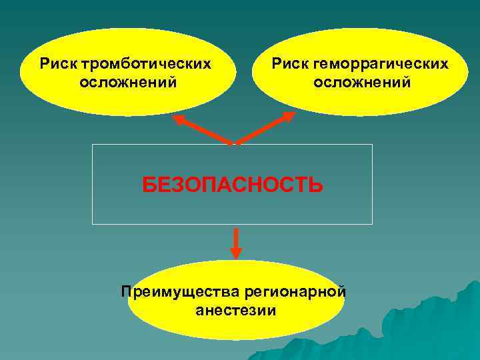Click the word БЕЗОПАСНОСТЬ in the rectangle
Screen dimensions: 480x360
pyautogui.click(x=233, y=184)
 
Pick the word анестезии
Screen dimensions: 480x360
pyautogui.click(x=236, y=310)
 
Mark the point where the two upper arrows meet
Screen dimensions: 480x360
pyautogui.click(x=234, y=143)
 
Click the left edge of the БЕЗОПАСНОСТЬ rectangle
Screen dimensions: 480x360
pyautogui.click(x=93, y=184)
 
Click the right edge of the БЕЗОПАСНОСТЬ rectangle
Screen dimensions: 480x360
pyautogui.click(x=372, y=184)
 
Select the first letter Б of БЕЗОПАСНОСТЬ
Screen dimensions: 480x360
pyautogui.click(x=149, y=184)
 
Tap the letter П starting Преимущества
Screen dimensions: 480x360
pyautogui.click(x=126, y=291)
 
